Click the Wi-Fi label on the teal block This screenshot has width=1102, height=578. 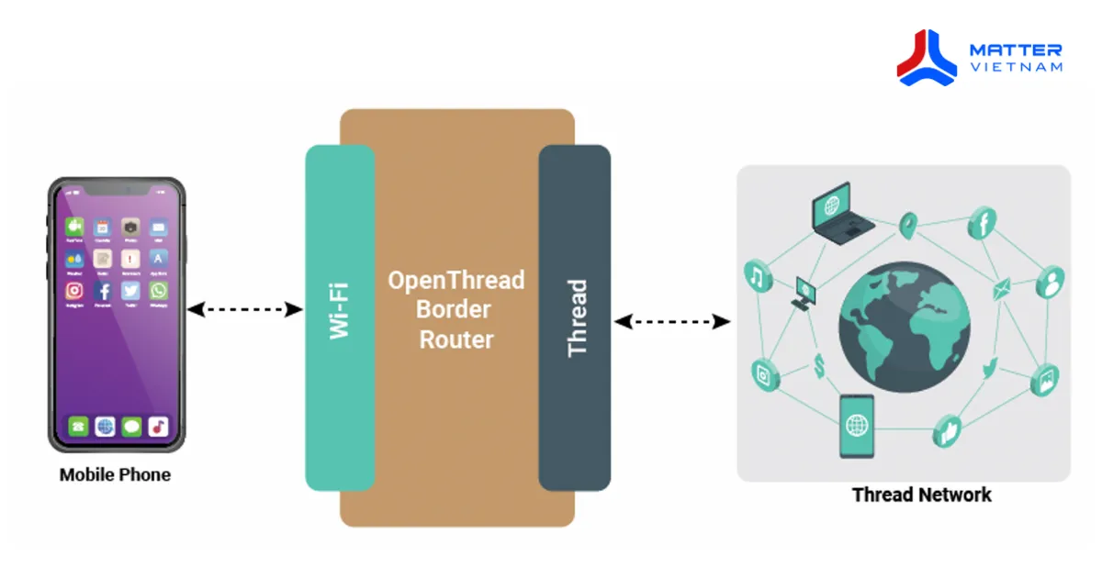340,312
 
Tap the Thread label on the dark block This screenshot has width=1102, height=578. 577,317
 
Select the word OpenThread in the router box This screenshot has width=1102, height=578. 455,280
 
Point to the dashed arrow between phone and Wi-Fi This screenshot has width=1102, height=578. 245,310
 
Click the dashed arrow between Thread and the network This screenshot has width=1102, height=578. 672,321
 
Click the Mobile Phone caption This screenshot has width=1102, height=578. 115,475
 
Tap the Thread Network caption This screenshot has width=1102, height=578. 921,495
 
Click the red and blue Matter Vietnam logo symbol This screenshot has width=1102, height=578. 928,57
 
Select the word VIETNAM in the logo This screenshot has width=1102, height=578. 1016,67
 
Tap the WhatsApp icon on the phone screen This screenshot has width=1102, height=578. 159,291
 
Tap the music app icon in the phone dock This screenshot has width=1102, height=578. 159,427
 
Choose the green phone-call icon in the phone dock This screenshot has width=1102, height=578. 78,427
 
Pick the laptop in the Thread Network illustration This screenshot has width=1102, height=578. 841,214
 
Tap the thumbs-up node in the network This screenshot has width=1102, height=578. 947,429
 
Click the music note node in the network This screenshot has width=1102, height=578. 758,275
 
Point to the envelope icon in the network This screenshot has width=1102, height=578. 1000,292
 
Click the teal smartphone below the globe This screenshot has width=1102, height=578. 856,426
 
